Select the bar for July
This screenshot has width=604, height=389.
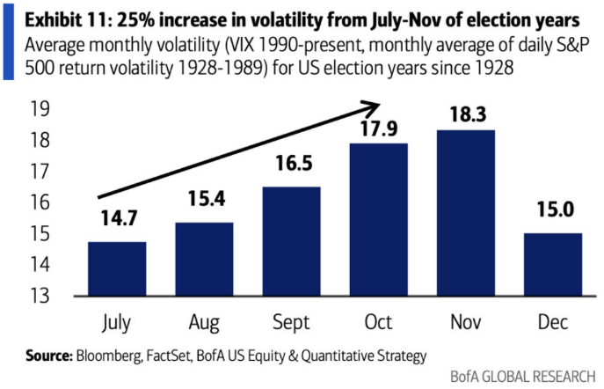point(116,268)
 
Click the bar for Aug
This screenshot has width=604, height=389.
point(203,260)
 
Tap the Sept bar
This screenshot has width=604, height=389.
point(290,242)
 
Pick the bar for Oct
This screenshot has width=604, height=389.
point(378,219)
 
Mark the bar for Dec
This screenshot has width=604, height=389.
point(552,264)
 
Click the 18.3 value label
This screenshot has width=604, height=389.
point(465,114)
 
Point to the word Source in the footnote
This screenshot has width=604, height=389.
point(45,356)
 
